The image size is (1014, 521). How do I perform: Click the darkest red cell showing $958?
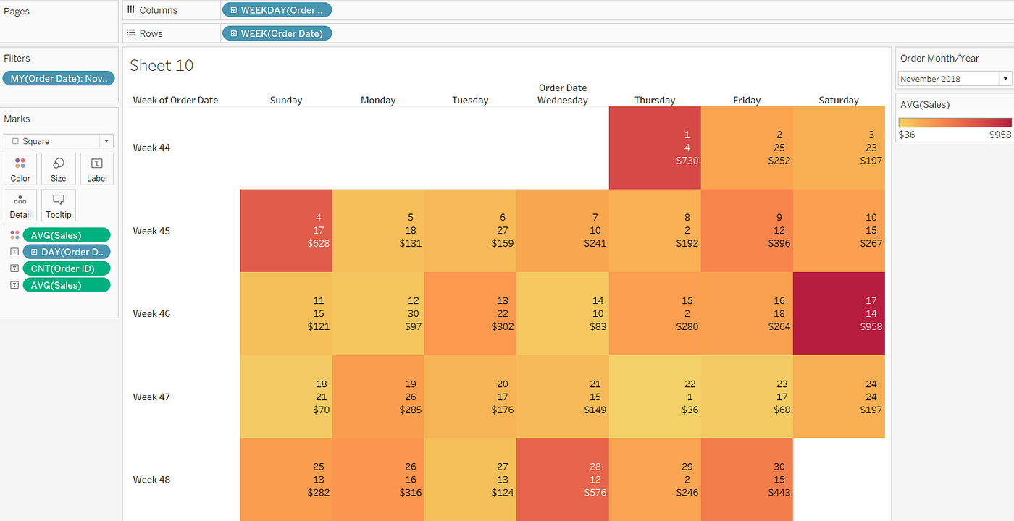(839, 313)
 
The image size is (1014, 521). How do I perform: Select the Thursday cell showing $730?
(655, 148)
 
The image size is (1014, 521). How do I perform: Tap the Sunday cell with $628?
(286, 230)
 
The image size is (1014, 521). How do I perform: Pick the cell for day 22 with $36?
(655, 397)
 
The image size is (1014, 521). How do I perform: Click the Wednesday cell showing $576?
(563, 479)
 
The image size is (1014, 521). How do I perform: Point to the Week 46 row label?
(151, 313)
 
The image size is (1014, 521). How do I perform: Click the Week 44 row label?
(151, 148)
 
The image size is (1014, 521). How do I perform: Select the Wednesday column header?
(563, 101)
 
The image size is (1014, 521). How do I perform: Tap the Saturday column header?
(839, 101)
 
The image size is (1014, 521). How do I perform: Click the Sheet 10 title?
(162, 65)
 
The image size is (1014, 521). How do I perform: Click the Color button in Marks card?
(20, 169)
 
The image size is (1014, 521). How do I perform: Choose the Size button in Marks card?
(59, 169)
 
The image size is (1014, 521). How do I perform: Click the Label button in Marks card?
(97, 169)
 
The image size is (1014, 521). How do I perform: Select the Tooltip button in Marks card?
(59, 206)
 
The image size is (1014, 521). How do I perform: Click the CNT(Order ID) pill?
(67, 268)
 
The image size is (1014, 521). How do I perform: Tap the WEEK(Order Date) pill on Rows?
(277, 33)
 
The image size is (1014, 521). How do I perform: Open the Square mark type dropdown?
(59, 141)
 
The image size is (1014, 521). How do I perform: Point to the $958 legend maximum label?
(1000, 135)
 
